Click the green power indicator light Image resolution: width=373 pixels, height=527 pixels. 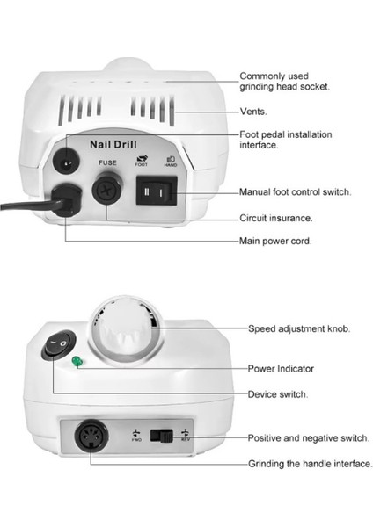78,361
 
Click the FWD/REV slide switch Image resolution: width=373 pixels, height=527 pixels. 163,435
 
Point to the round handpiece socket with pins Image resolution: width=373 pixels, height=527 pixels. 89,437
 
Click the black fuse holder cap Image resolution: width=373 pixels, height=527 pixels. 105,187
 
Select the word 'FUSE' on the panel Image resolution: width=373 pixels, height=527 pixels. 107,162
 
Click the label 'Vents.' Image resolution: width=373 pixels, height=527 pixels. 254,112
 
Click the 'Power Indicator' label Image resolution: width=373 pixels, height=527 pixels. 282,368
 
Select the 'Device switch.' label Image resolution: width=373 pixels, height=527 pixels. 278,394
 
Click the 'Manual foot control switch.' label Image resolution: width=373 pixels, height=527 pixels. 297,191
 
